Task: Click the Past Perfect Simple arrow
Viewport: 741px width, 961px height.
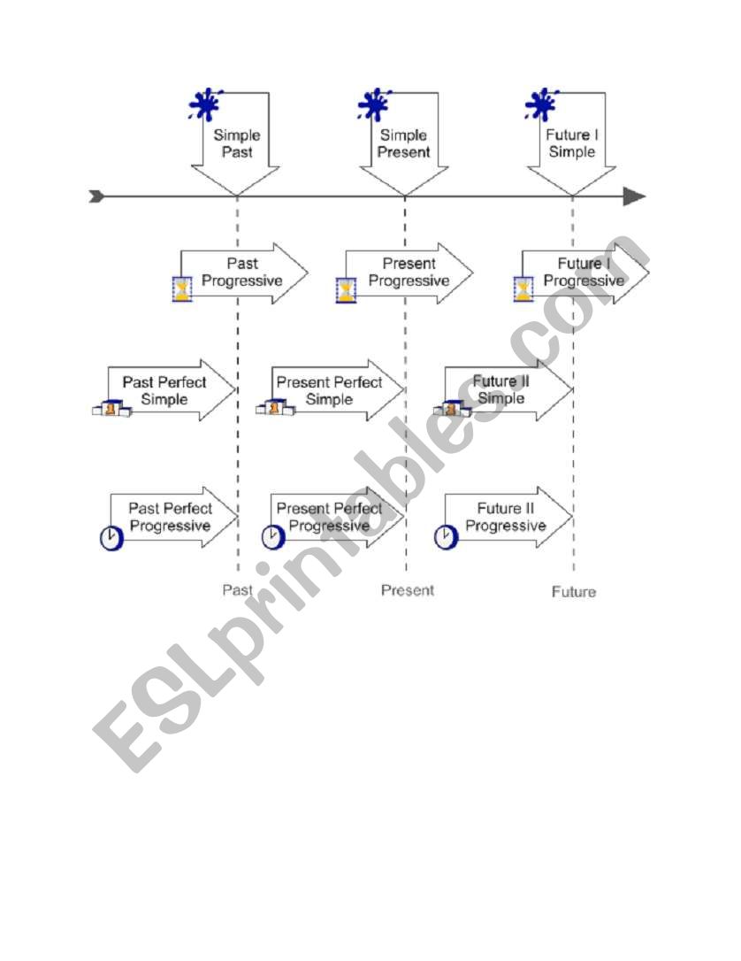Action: [x=165, y=390]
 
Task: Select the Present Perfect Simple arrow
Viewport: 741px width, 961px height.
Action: [x=329, y=390]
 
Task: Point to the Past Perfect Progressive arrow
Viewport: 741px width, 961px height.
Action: [x=170, y=518]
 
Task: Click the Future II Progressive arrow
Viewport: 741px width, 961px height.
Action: [x=506, y=518]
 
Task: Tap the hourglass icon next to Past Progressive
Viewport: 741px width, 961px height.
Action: [x=181, y=289]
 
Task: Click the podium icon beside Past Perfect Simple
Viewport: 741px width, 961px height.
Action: [x=111, y=409]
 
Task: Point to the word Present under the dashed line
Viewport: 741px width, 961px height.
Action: [x=408, y=590]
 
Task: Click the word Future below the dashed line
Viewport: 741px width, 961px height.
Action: [x=574, y=592]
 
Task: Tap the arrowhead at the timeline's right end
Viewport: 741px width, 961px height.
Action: [x=634, y=196]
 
